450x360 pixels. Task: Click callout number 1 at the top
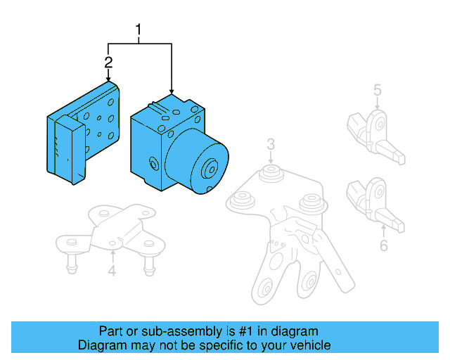(x=139, y=30)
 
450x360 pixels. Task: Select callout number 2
(x=108, y=63)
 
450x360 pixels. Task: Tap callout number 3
(x=270, y=145)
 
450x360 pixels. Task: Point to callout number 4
(x=111, y=271)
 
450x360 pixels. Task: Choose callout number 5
(x=377, y=89)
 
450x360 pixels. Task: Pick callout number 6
(x=383, y=245)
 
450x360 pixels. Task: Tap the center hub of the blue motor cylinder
(x=210, y=171)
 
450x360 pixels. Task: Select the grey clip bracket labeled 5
(x=372, y=134)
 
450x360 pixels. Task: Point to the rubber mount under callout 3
(x=269, y=173)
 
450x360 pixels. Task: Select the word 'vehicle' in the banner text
(x=311, y=345)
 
